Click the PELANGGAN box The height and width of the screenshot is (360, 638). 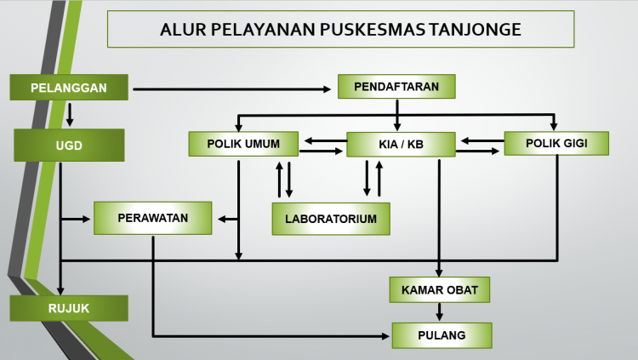[69, 87]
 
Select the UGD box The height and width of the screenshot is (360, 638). [69, 145]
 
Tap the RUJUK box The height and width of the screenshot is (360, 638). [69, 308]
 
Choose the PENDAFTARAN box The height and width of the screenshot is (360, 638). [396, 86]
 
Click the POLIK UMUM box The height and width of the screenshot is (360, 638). [243, 144]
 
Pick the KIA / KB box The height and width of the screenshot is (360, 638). [401, 144]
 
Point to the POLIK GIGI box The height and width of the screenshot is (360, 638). [556, 143]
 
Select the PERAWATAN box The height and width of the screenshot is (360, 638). [152, 218]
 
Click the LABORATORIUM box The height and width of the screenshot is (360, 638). [331, 219]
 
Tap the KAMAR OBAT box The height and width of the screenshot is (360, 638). [440, 289]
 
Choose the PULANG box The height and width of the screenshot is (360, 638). [441, 335]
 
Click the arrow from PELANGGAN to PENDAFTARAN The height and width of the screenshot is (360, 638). [232, 89]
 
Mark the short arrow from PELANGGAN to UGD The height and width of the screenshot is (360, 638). [70, 115]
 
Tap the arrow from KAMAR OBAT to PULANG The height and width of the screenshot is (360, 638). [440, 312]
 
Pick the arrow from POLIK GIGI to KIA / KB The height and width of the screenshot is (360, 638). [482, 141]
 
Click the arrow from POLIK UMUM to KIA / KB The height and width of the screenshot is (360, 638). [321, 151]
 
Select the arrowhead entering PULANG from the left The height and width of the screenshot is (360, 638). [385, 336]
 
